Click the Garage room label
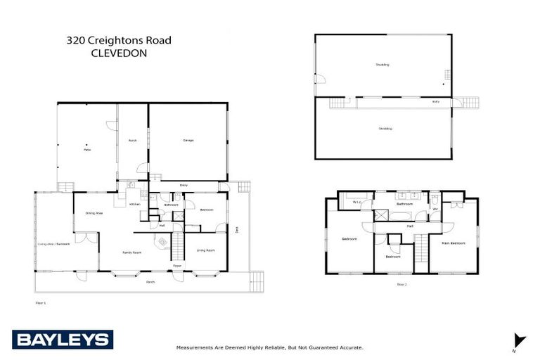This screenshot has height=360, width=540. pos(188,141)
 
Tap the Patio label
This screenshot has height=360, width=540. pos(88,150)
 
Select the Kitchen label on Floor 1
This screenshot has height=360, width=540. pos(135,205)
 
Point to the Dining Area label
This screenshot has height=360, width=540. pos(95,213)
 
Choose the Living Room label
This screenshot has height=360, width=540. pos(205,250)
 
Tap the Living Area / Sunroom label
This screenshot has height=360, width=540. pos(53,244)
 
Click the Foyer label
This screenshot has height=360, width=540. pos(177,266)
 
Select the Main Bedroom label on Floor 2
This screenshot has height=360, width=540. pos(454,243)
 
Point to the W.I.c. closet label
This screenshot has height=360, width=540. pos(356,202)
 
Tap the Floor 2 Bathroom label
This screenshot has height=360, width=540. pos(404,204)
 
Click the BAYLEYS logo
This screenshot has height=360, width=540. pos(62,340)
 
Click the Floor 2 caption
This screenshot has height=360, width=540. pos(402,285)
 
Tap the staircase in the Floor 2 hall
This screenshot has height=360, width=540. pos(421,250)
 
